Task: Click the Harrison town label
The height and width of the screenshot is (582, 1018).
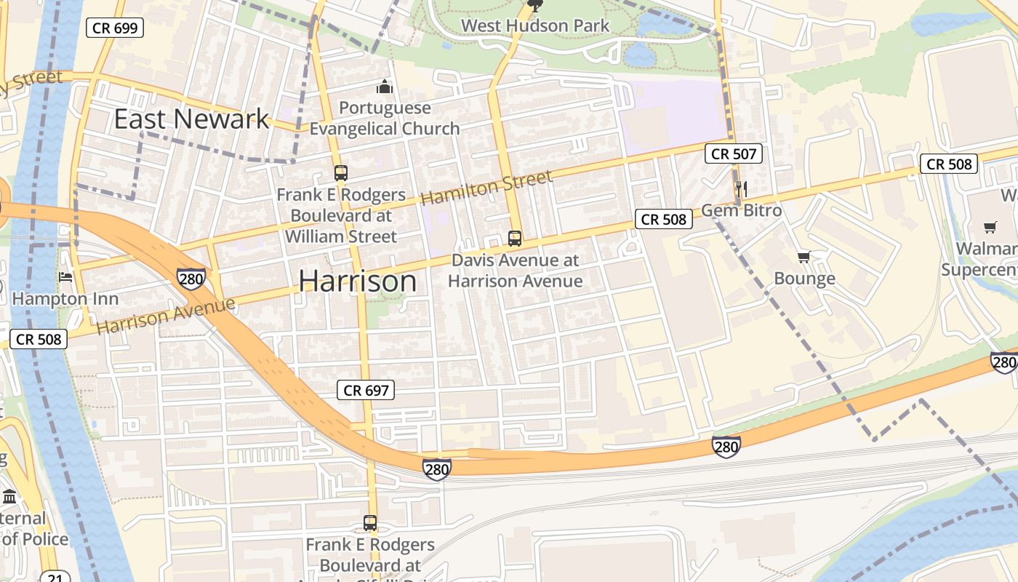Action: click(x=358, y=282)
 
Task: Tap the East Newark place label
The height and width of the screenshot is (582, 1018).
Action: click(x=191, y=119)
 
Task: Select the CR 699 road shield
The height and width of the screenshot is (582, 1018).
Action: click(x=115, y=28)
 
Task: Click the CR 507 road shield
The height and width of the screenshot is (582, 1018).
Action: click(x=734, y=154)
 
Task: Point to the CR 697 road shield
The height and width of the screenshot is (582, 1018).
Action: click(x=366, y=391)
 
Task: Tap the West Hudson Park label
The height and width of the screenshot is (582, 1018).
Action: click(x=535, y=25)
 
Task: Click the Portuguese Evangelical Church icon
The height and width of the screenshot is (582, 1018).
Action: click(x=385, y=87)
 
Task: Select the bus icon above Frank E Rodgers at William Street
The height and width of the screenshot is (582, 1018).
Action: click(x=340, y=173)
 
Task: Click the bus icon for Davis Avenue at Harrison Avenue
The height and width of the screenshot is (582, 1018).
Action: click(x=515, y=238)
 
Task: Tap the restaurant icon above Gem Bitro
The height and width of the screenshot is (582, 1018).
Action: click(x=742, y=189)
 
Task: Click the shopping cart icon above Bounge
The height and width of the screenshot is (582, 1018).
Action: click(x=804, y=258)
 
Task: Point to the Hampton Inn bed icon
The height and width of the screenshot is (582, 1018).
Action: click(x=65, y=277)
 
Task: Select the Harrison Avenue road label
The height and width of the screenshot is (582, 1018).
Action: click(x=166, y=314)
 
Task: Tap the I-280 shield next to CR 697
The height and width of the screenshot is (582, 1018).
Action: click(x=436, y=469)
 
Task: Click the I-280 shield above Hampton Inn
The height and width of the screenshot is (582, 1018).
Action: click(x=191, y=278)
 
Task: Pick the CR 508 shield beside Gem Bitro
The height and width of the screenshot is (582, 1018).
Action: click(x=664, y=219)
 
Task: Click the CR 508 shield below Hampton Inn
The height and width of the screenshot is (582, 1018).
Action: click(x=39, y=338)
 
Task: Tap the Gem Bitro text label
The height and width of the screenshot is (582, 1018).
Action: click(x=741, y=210)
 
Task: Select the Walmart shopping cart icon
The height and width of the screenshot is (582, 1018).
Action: click(x=989, y=228)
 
